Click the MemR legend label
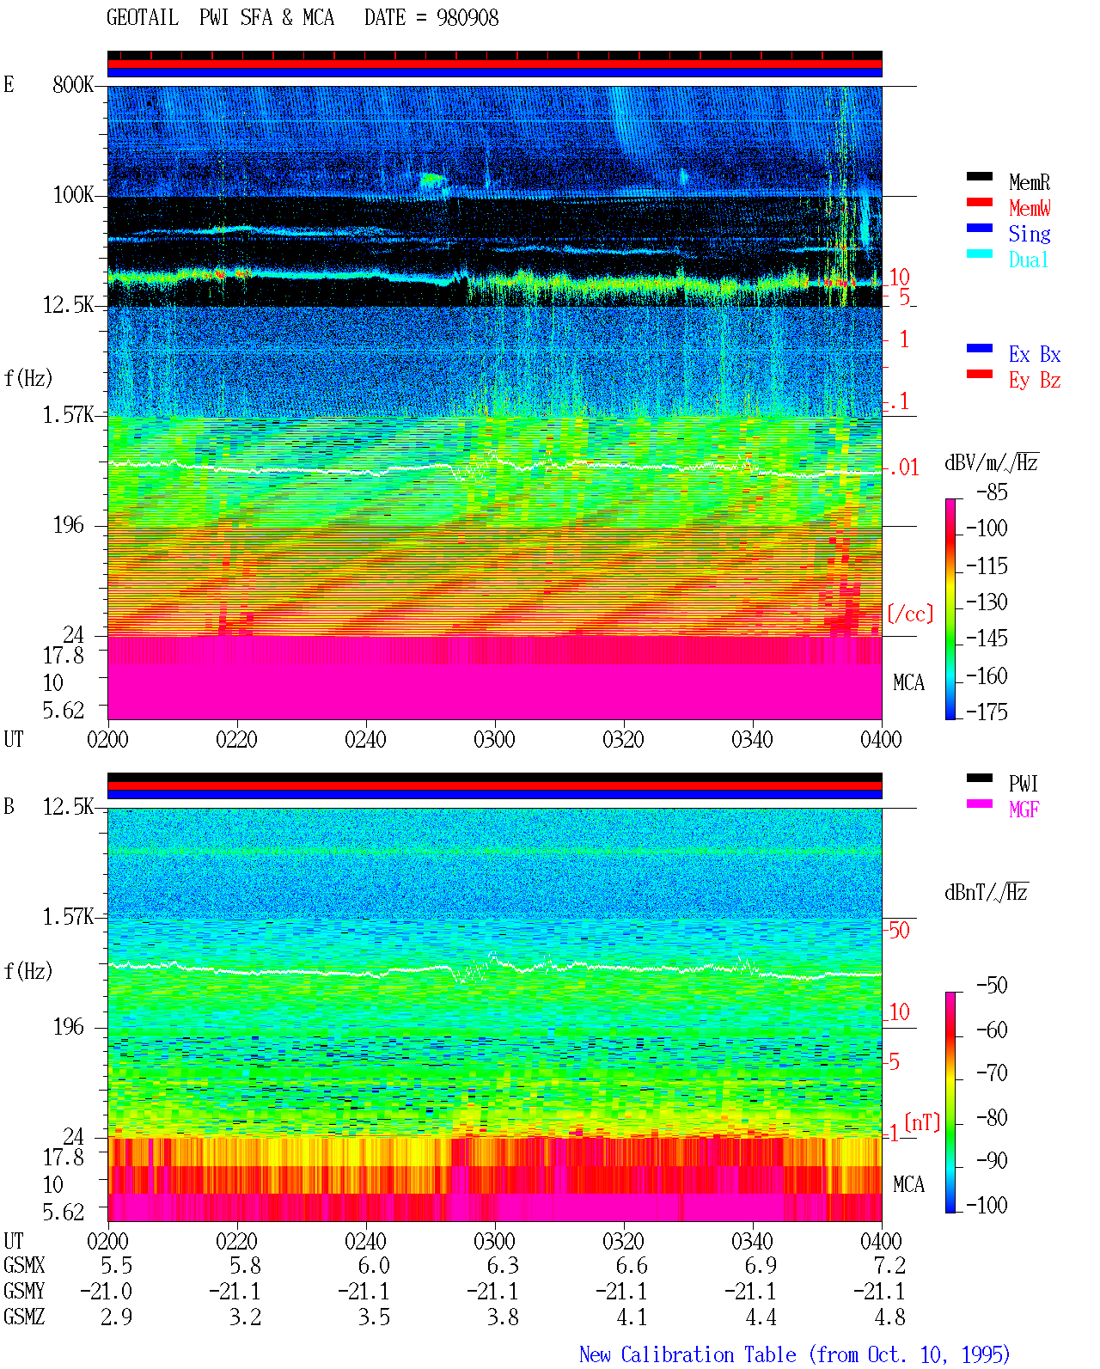click(x=1029, y=182)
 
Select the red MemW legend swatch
click(x=979, y=202)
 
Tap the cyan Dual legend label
click(x=1028, y=260)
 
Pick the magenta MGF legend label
click(x=1024, y=810)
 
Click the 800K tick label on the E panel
click(x=73, y=84)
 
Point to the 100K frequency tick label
click(x=73, y=195)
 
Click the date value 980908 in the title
click(x=467, y=18)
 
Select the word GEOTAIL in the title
click(x=143, y=18)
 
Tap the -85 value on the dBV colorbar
click(x=992, y=492)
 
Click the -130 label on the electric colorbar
click(x=987, y=602)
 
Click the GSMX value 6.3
click(x=503, y=1266)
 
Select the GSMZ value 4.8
click(x=889, y=1317)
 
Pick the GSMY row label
click(x=24, y=1292)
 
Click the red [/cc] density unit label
click(x=910, y=614)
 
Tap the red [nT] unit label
click(x=922, y=1122)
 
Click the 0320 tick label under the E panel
click(x=623, y=740)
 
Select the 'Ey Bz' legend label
click(x=1035, y=381)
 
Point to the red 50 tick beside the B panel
click(x=899, y=931)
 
